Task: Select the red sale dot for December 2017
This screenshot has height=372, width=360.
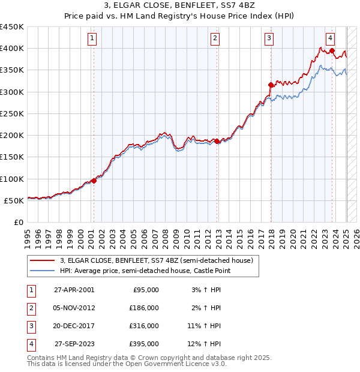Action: [271, 85]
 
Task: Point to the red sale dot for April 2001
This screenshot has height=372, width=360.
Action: [94, 181]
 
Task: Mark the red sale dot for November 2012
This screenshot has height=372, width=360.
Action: [217, 142]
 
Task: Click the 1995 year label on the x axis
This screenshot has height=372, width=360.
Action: [28, 234]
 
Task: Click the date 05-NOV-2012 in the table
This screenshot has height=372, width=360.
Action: [74, 307]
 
